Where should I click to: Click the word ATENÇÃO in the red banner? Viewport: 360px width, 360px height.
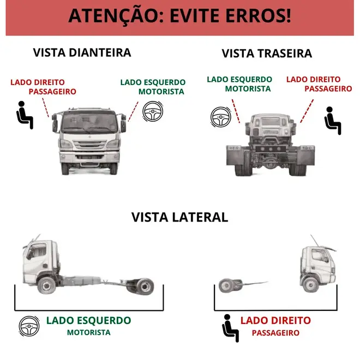[116, 16]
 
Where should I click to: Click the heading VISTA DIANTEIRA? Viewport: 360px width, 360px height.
[82, 52]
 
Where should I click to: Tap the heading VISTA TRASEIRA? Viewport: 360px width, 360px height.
[267, 53]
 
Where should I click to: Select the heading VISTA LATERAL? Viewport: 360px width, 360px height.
[180, 217]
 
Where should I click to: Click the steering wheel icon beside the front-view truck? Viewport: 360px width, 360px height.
[153, 111]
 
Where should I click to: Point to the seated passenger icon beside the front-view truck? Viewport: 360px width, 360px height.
[25, 115]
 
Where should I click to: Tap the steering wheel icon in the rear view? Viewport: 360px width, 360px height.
[221, 117]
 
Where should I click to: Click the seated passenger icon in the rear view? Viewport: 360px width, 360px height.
[333, 121]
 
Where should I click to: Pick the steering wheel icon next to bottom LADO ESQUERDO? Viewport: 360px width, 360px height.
[29, 326]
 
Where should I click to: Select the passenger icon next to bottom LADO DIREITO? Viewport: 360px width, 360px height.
[231, 328]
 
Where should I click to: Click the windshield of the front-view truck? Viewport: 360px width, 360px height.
[89, 122]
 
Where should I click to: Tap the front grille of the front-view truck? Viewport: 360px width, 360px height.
[90, 145]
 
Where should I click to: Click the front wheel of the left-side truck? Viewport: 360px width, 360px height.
[46, 285]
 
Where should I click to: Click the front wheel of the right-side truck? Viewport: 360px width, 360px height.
[310, 285]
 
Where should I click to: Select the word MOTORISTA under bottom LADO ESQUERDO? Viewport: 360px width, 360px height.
[88, 332]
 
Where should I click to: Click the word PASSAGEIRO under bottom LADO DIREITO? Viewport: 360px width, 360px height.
[275, 333]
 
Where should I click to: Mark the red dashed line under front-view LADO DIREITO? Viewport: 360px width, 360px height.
[45, 107]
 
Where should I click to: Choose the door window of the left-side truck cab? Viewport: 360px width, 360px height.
[37, 251]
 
